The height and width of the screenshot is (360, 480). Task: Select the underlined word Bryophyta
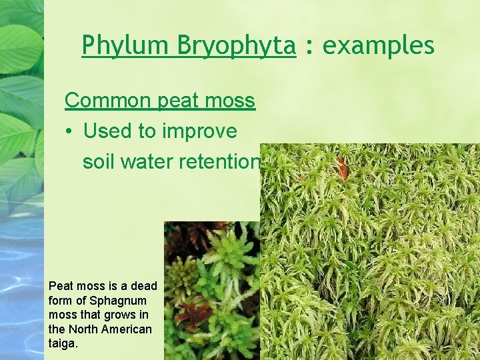pos(236,45)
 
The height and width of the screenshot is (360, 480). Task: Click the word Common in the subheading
pos(109,101)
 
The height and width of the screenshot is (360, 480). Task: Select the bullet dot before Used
pos(69,131)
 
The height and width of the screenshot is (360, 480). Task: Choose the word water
pos(153,162)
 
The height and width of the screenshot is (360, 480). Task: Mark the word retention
pos(223,162)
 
